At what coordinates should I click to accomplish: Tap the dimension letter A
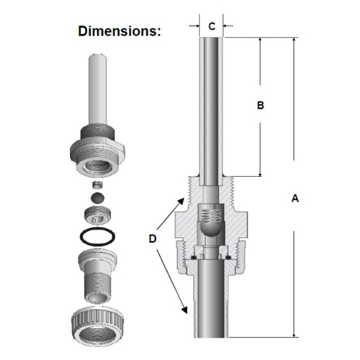pos(295,199)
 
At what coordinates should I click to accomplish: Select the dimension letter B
pos(261,105)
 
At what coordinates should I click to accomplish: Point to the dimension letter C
pos(212,27)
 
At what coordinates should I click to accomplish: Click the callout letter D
pos(153,239)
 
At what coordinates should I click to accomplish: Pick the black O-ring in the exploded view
pos(97,237)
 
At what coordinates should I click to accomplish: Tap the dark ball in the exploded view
pos(98,198)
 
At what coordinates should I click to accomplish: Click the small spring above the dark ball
pos(98,185)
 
